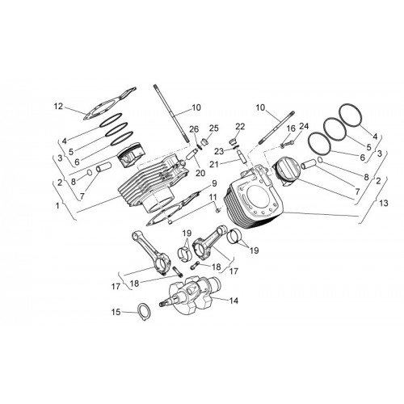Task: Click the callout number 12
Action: pyautogui.click(x=58, y=107)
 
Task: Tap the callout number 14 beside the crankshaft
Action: pyautogui.click(x=234, y=301)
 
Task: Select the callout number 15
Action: pyautogui.click(x=116, y=312)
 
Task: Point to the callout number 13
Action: pyautogui.click(x=384, y=203)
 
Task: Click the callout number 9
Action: pyautogui.click(x=214, y=183)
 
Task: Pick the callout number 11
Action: pyautogui.click(x=213, y=197)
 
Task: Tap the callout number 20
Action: pyautogui.click(x=200, y=173)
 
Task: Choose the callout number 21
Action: pyautogui.click(x=214, y=164)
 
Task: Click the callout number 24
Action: pyautogui.click(x=304, y=126)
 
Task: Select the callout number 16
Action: pyautogui.click(x=291, y=128)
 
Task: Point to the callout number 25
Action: pyautogui.click(x=214, y=128)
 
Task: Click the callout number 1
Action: pyautogui.click(x=57, y=206)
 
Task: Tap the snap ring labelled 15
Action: pyautogui.click(x=139, y=308)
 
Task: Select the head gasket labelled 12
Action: pyautogui.click(x=109, y=103)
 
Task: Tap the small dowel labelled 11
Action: pyautogui.click(x=218, y=209)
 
